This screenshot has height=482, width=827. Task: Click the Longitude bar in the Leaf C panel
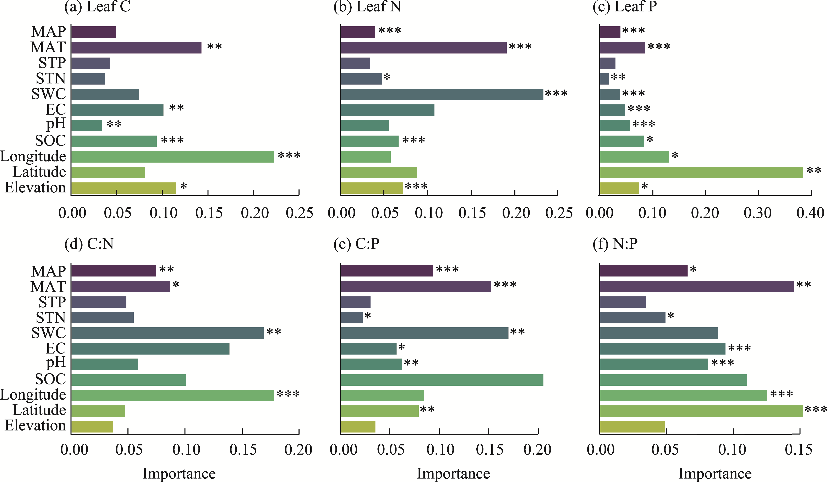coord(173,157)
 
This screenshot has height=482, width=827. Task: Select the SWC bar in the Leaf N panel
coord(442,94)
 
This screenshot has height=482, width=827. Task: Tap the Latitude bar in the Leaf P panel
coord(701,172)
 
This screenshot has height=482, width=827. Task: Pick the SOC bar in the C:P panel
coord(442,380)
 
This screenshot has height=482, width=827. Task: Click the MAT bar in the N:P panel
coord(697,286)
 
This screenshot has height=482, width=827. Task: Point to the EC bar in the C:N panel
coord(150,349)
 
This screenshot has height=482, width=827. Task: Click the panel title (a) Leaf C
coord(98,7)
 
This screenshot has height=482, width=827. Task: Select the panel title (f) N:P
coord(615,244)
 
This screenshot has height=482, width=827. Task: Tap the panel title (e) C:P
coord(356,244)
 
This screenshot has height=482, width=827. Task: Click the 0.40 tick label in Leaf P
coord(810,213)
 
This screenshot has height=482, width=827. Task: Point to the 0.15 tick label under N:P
coord(798,450)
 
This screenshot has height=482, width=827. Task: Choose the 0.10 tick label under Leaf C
coord(163,213)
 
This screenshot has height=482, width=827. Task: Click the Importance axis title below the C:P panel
coord(453,473)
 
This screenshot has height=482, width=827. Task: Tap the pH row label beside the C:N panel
coord(56,363)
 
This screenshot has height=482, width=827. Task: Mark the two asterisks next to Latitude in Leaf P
coord(814,170)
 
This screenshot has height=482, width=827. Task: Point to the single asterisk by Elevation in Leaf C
coord(184,186)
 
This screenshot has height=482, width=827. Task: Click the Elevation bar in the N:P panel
coord(632,427)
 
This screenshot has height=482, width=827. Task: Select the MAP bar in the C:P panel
coord(387,271)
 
